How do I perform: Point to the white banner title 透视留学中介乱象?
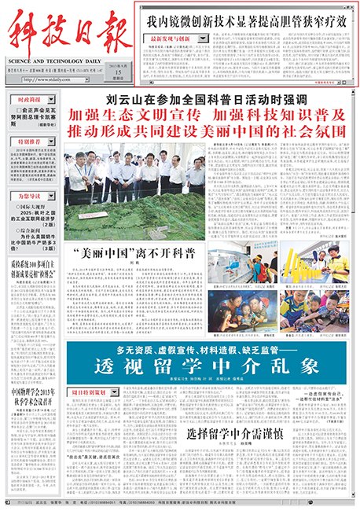point(207,366)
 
